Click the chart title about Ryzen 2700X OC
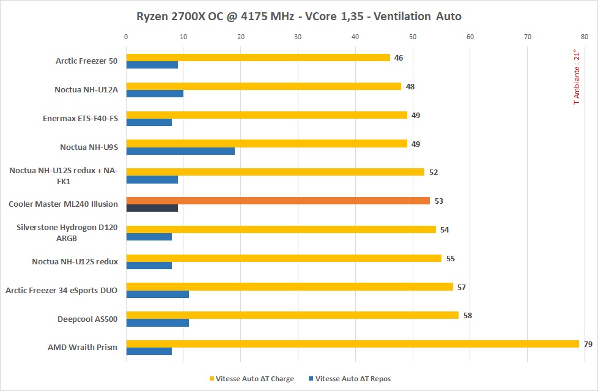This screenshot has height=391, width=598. tap(298, 16)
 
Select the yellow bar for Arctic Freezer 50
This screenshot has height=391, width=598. tap(257, 58)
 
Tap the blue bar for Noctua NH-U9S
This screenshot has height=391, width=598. tap(180, 151)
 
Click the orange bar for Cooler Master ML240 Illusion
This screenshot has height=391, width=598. tap(278, 201)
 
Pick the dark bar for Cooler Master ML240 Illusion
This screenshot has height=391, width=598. tap(152, 208)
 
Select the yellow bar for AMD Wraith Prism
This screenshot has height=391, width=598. tap(352, 344)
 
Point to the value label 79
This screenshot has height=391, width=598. tap(588, 344)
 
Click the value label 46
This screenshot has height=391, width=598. tap(399, 58)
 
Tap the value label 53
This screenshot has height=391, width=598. tap(439, 201)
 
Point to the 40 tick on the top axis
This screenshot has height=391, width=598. tap(355, 37)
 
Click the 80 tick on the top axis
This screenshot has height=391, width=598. tap(585, 37)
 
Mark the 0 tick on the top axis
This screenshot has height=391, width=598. tap(126, 37)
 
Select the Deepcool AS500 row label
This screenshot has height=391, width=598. tap(87, 319)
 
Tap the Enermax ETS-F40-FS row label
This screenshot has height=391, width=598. tap(80, 118)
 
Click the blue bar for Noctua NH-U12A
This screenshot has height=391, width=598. tap(154, 94)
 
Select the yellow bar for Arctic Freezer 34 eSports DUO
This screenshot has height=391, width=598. tap(289, 287)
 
